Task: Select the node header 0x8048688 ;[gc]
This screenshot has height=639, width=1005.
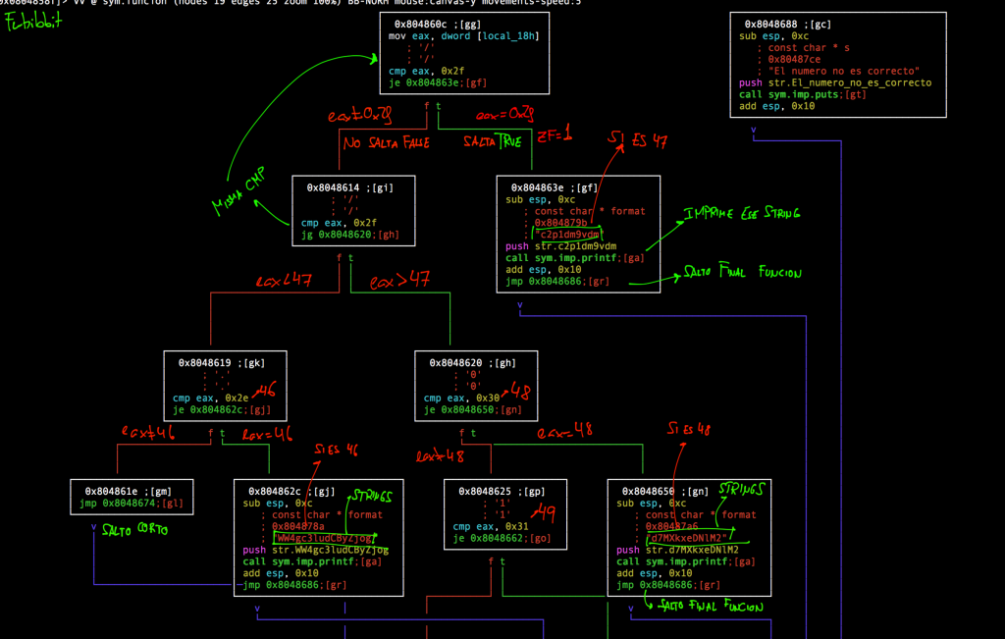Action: (x=788, y=24)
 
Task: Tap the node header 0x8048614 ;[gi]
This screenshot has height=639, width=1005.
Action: (x=349, y=186)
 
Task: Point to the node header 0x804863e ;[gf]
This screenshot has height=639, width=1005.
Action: (x=555, y=186)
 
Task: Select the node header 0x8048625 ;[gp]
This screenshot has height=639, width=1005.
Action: (x=502, y=491)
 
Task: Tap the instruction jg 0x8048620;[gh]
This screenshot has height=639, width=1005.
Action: (x=350, y=236)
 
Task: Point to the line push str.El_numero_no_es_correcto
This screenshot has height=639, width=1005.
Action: (x=835, y=82)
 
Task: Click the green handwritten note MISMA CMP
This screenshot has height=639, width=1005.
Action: (x=238, y=193)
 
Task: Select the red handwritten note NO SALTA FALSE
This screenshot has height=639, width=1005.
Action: (x=387, y=143)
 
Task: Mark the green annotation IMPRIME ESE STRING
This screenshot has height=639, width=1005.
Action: (x=742, y=213)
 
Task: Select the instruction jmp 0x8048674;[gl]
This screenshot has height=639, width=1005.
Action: (x=131, y=504)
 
